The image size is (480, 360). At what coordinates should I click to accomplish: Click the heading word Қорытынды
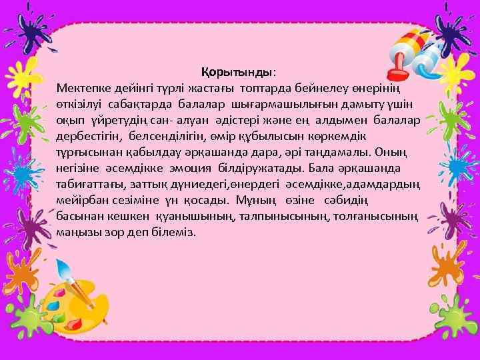[237, 71]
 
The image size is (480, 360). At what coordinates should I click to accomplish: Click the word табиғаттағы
[87, 185]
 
